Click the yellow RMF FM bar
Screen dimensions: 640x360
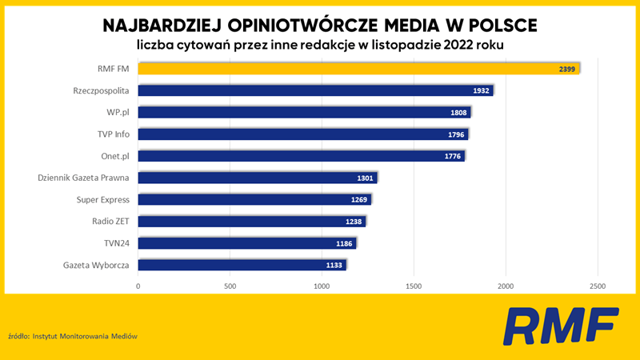pyautogui.click(x=358, y=69)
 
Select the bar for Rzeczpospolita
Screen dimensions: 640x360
pyautogui.click(x=315, y=90)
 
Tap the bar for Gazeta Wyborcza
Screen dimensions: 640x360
pyautogui.click(x=242, y=265)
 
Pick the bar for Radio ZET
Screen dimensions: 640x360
pyautogui.click(x=252, y=222)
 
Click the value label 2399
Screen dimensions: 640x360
pyautogui.click(x=567, y=70)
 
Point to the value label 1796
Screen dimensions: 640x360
pyautogui.click(x=456, y=134)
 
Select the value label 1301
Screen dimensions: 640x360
pyautogui.click(x=365, y=178)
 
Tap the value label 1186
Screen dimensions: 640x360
pyautogui.click(x=344, y=244)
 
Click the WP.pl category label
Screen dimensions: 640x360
pyautogui.click(x=118, y=112)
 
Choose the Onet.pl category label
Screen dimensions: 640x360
pyautogui.click(x=115, y=156)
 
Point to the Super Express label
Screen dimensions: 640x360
pyautogui.click(x=103, y=199)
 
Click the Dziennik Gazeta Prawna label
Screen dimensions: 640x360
pyautogui.click(x=83, y=178)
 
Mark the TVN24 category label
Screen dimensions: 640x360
pyautogui.click(x=116, y=243)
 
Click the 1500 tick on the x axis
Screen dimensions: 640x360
pyautogui.click(x=414, y=286)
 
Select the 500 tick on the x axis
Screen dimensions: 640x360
pyautogui.click(x=230, y=286)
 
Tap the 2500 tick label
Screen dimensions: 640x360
pyautogui.click(x=598, y=286)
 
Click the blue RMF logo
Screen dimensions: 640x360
pyautogui.click(x=561, y=326)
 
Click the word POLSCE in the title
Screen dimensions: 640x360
pyautogui.click(x=503, y=26)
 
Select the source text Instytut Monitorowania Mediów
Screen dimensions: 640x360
pyautogui.click(x=85, y=336)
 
